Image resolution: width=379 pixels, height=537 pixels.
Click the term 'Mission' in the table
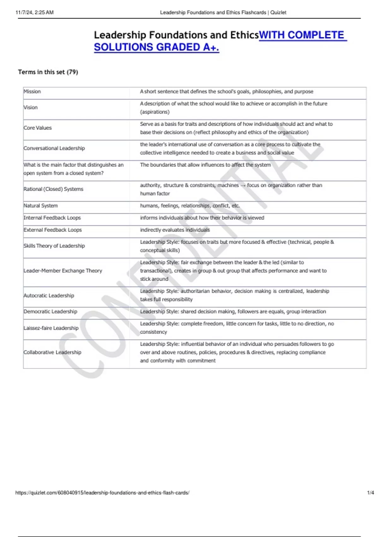(32, 92)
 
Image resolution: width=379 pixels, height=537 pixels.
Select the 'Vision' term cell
(31, 107)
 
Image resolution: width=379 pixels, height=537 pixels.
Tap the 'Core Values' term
(38, 128)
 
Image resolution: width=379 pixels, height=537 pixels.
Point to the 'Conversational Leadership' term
(54, 148)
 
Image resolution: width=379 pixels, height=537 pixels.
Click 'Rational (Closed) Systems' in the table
(53, 189)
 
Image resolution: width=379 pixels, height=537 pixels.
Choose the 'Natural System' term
(41, 206)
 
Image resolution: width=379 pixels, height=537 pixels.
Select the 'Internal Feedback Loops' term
(52, 218)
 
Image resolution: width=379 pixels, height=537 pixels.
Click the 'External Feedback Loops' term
(53, 230)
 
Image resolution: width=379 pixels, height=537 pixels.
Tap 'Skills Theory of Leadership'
(54, 246)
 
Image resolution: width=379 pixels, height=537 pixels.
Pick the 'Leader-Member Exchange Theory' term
(63, 271)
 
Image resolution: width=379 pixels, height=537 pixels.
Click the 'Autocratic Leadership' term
(49, 296)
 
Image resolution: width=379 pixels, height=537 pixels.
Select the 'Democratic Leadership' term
(51, 311)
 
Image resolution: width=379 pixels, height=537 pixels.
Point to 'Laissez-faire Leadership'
(51, 328)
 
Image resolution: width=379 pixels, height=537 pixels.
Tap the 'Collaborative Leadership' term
(52, 352)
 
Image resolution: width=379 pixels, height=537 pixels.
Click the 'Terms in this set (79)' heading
(48, 72)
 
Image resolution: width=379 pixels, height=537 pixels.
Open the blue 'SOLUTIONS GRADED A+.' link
(156, 47)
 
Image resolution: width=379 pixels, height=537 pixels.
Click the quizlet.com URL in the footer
(102, 493)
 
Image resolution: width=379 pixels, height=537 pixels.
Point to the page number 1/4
(370, 493)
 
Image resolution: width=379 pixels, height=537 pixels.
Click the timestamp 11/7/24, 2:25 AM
(35, 13)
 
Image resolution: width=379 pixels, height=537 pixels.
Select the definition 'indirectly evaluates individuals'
(175, 230)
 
